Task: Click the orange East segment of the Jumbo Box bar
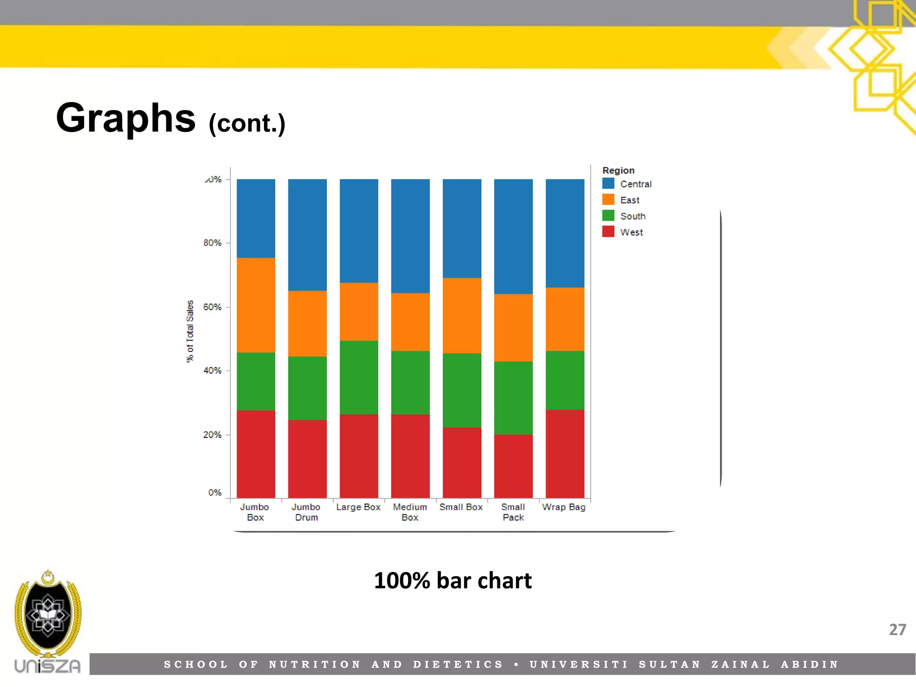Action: coord(256,305)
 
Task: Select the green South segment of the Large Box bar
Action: coord(359,377)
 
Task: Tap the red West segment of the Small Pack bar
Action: coord(513,466)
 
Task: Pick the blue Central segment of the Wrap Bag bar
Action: coord(565,233)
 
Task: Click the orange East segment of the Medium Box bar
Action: coord(410,322)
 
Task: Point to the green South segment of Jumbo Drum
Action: coord(307,388)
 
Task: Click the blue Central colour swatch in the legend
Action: coord(608,183)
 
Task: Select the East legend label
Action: coord(630,200)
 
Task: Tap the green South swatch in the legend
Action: coord(608,216)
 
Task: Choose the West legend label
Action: coord(631,232)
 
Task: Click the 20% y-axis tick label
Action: coord(212,435)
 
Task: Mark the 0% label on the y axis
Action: coord(215,492)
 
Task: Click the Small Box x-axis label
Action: coord(461,507)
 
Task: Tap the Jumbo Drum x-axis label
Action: coord(306,512)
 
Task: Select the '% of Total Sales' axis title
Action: coord(190,331)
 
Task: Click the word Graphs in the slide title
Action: coord(126,118)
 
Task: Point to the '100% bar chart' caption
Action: coord(453,581)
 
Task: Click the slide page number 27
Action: coord(897,630)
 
